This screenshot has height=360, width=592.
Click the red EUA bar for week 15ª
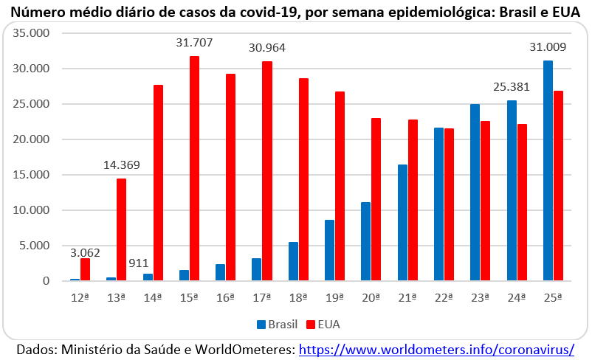point(195,168)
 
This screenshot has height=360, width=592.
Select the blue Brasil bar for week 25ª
point(548,170)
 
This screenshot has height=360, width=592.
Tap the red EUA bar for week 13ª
point(122,229)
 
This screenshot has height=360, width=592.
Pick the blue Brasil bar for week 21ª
point(402,223)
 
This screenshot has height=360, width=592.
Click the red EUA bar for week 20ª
point(376,199)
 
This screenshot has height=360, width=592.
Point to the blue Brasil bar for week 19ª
point(330,250)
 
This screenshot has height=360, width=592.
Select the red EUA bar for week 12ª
point(85,269)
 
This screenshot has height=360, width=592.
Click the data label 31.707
point(194,43)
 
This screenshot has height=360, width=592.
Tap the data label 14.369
point(121,165)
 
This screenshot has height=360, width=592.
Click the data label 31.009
point(548,48)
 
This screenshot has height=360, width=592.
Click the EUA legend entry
point(322,324)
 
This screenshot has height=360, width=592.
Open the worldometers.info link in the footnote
point(436,348)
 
